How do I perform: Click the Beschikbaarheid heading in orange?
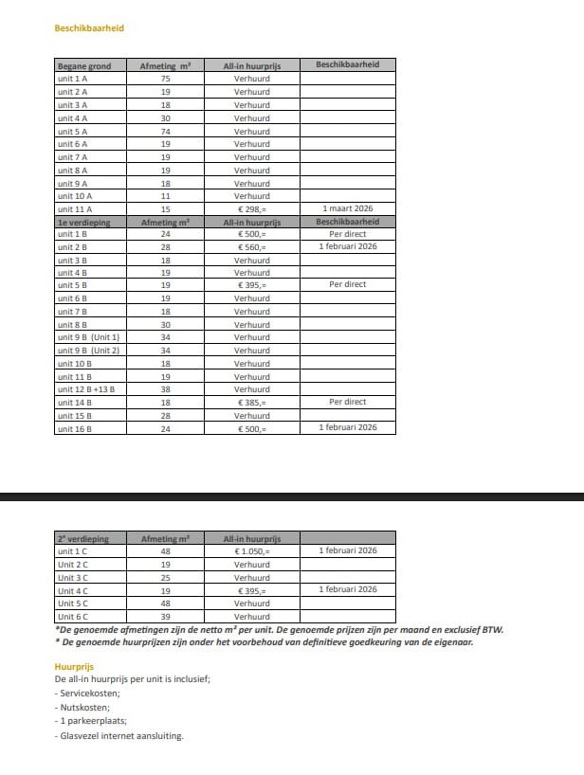coord(89,28)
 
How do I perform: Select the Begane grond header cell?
coord(84,65)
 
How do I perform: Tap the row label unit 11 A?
coord(75,208)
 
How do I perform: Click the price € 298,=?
coord(251,208)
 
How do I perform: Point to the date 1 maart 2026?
coord(347,207)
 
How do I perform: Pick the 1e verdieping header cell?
coord(85,222)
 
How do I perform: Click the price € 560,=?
coord(251,247)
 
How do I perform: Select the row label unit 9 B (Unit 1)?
coord(89,337)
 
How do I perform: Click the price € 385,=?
coord(251,403)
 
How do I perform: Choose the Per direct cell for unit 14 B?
coord(347,402)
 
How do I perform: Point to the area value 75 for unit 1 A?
coord(165,79)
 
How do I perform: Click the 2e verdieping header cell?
coord(83,538)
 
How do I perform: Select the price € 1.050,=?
coord(251,551)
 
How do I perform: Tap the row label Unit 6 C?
coord(73,616)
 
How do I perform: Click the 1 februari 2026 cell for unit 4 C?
coord(347,589)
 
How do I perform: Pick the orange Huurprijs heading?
coord(74,667)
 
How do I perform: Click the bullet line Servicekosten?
coord(88,694)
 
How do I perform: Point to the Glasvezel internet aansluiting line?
coord(119,736)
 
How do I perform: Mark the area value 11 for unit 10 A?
coord(165,196)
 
